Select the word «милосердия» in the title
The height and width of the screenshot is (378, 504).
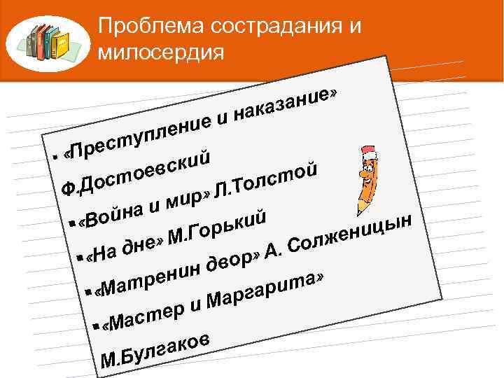tap(162, 52)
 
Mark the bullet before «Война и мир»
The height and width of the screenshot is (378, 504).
tap(73, 225)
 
